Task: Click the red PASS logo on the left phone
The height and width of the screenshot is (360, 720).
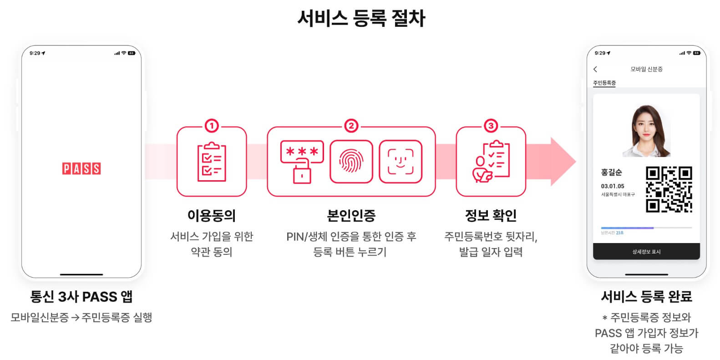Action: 81,168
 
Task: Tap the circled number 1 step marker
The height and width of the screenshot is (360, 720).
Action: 212,126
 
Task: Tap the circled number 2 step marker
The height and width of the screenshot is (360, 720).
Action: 351,126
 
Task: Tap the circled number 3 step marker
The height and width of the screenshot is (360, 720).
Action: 491,126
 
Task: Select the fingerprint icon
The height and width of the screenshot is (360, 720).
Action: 351,162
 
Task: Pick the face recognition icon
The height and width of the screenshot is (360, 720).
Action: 401,162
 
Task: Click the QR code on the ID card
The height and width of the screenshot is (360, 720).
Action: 669,189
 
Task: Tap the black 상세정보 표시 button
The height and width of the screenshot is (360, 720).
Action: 646,252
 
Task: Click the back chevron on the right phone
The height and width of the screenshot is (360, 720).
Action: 595,69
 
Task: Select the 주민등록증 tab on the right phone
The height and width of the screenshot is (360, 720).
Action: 604,83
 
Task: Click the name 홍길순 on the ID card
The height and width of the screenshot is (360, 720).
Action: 611,172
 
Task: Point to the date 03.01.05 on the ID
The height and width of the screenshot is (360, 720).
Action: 613,186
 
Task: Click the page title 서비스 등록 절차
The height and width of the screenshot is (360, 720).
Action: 361,19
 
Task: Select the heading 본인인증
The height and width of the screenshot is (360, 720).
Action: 351,215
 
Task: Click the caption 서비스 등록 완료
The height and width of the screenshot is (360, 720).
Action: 646,297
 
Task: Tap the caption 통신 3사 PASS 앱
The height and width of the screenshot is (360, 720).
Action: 81,297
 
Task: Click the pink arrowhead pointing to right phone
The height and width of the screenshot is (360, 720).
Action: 563,162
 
